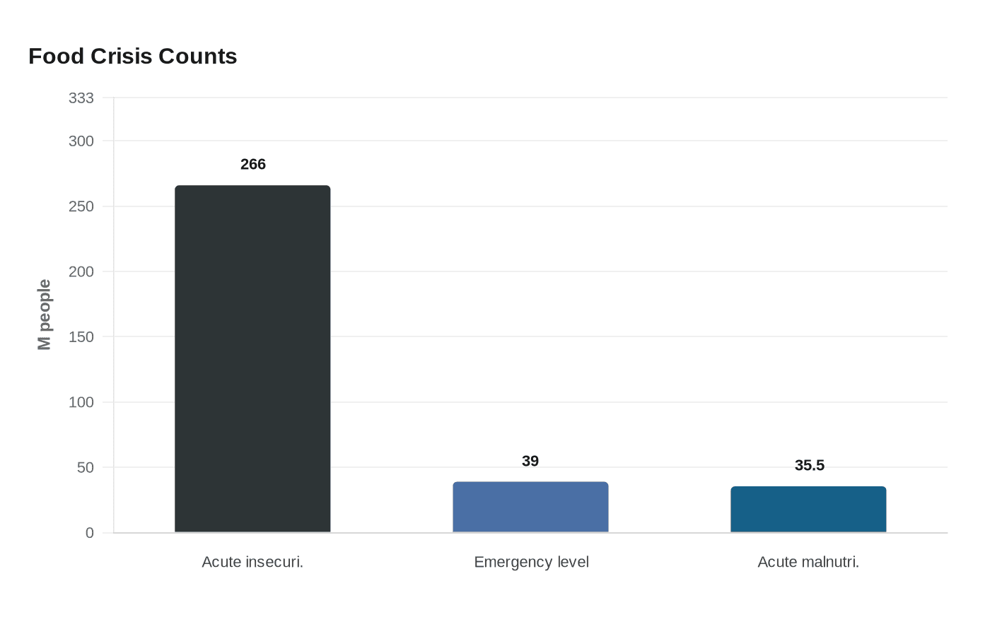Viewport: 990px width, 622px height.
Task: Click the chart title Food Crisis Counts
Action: [x=132, y=57]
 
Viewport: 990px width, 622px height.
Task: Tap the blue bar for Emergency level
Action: [x=530, y=507]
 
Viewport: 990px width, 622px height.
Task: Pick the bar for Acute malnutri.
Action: [x=808, y=509]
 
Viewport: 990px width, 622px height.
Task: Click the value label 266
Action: [x=252, y=165]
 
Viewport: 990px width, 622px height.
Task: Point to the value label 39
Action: [x=530, y=462]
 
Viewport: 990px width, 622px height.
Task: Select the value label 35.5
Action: [x=809, y=466]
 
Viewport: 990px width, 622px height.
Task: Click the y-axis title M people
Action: [x=45, y=315]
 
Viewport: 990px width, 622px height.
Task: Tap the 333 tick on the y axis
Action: [x=81, y=98]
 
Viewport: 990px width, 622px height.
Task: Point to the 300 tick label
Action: [x=81, y=141]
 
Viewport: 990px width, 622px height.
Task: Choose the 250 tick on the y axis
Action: [x=81, y=206]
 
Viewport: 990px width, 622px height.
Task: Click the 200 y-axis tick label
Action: [x=81, y=271]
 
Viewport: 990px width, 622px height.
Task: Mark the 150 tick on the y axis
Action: [x=81, y=337]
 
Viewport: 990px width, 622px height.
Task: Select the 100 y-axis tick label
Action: [x=81, y=402]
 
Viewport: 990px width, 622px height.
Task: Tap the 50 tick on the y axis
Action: [x=85, y=467]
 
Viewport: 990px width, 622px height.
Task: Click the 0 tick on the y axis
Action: [x=89, y=533]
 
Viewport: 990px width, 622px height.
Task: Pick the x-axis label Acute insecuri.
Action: [x=252, y=562]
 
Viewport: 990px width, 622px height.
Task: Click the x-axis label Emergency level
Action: [x=531, y=562]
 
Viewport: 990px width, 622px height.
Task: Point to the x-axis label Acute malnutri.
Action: [x=808, y=562]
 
